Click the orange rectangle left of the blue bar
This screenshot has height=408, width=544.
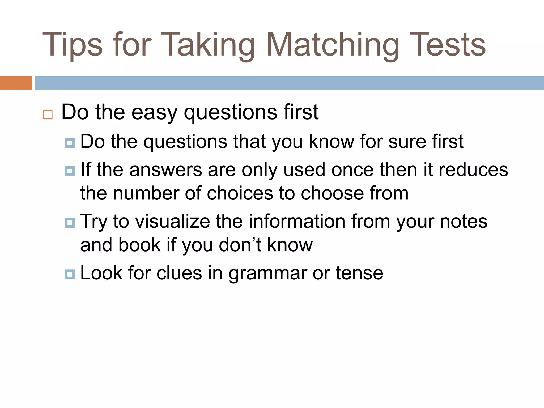point(16,83)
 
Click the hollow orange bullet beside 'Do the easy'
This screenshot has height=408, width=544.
point(48,114)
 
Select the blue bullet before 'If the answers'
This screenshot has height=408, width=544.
point(70,171)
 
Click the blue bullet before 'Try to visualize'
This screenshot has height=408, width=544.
point(70,223)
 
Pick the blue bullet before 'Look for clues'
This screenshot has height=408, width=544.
point(70,274)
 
